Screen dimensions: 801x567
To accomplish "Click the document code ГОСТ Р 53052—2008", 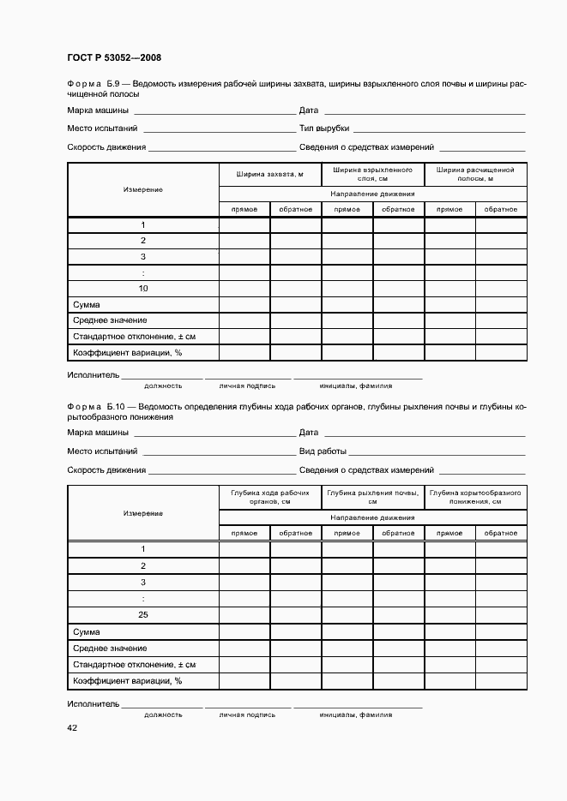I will point(114,58).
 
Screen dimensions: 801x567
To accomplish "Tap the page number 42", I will point(72,727).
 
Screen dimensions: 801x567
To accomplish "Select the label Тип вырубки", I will point(323,129).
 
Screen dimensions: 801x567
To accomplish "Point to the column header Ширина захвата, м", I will point(270,174).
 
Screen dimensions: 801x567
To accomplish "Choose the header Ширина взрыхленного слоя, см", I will point(372,174).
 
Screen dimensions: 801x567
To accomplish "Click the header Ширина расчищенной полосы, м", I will point(475,174).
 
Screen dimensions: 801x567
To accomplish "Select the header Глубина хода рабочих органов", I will point(270,498).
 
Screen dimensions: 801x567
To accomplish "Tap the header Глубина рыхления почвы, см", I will point(372,498).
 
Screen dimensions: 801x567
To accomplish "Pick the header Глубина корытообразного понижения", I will point(475,498).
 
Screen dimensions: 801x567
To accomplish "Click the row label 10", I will point(143,289).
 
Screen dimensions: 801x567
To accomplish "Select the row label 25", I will point(143,615).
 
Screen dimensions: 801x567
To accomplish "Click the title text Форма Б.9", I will point(97,83).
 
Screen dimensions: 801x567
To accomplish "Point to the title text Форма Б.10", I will point(99,406).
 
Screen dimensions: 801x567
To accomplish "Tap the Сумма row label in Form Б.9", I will point(87,305).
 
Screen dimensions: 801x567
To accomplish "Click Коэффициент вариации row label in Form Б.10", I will point(128,681).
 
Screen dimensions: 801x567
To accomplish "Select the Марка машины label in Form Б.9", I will point(98,111).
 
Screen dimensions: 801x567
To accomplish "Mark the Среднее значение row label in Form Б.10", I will point(110,649).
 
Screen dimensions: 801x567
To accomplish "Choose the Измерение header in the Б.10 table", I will point(143,513).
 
